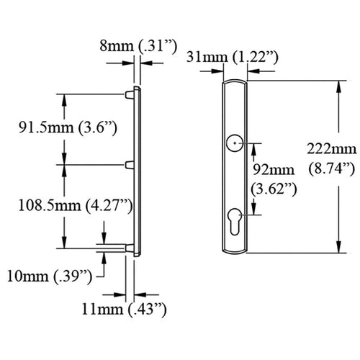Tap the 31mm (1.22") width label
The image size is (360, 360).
[233, 58]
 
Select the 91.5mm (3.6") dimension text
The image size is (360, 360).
[68, 127]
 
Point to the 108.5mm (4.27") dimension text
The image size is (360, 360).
[76, 206]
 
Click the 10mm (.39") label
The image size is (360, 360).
[50, 276]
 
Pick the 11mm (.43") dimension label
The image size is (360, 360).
[124, 310]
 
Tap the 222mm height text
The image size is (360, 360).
[332, 149]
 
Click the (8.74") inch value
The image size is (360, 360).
[331, 169]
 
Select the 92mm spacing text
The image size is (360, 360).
[274, 170]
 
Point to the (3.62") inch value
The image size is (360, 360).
[274, 189]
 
